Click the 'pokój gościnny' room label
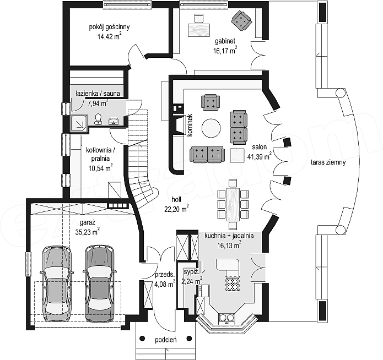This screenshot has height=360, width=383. pyautogui.click(x=109, y=27)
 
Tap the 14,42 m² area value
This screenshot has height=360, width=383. pyautogui.click(x=110, y=36)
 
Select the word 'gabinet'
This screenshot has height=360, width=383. pyautogui.click(x=225, y=41)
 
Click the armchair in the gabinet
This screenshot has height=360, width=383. pyautogui.click(x=241, y=21)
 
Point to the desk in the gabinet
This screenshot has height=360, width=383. pyautogui.click(x=199, y=30)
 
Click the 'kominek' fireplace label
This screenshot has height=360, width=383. pyautogui.click(x=190, y=125)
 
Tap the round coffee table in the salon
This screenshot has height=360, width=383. pyautogui.click(x=211, y=128)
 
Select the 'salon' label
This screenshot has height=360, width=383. pyautogui.click(x=260, y=147)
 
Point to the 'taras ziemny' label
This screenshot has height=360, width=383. pyautogui.click(x=328, y=162)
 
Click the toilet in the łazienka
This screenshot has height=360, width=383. pyautogui.click(x=98, y=119)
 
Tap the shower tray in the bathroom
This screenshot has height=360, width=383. pyautogui.click(x=79, y=123)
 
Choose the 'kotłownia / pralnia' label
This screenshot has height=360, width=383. pyautogui.click(x=100, y=154)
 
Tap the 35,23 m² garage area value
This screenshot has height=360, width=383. pyautogui.click(x=87, y=232)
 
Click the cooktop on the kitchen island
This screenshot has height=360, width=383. pyautogui.click(x=233, y=283)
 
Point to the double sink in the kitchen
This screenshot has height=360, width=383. pyautogui.click(x=227, y=318)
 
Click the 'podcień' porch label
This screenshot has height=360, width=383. pyautogui.click(x=166, y=340)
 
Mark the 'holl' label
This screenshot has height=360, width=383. pyautogui.click(x=176, y=199)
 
